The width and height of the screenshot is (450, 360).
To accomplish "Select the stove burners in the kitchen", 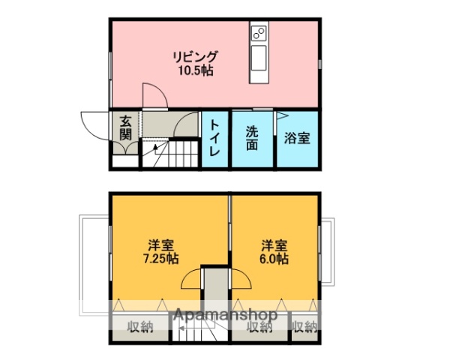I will pos(258,34).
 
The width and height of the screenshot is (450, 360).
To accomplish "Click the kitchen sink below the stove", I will pos(258,58).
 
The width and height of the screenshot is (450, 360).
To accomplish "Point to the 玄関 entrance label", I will pos(125,127).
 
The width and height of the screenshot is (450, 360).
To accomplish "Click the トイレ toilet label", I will pos(215,137).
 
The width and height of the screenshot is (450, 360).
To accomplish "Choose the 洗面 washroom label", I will pos(253,137).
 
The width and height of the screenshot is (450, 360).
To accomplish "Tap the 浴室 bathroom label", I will pos(298,139).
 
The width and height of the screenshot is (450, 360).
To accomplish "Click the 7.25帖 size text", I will pos(160,259).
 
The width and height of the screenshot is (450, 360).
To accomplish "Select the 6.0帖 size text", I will pos(273,259).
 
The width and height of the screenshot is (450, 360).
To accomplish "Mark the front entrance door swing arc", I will pos(94,124).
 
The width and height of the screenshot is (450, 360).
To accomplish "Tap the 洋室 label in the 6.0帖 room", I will pos(273,244).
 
